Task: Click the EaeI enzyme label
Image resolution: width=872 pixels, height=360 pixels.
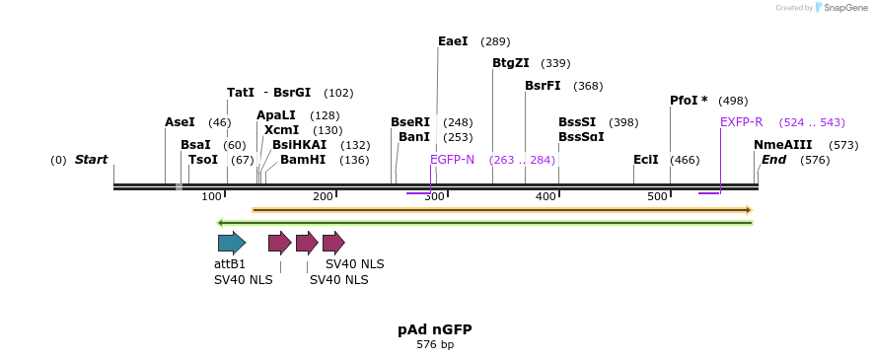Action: (x=453, y=41)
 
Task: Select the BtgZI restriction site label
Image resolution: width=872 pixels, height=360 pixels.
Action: (x=510, y=63)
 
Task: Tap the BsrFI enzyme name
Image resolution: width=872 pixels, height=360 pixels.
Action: (x=543, y=86)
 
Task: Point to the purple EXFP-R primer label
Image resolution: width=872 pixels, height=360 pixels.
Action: (x=741, y=122)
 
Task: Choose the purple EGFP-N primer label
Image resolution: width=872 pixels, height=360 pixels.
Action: (x=452, y=160)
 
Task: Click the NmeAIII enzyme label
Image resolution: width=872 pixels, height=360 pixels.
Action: (x=782, y=145)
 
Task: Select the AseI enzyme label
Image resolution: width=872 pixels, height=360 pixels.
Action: (x=180, y=122)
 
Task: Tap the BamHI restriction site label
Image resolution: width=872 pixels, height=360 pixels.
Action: (x=302, y=160)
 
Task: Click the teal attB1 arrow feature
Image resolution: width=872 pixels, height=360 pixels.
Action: (x=232, y=243)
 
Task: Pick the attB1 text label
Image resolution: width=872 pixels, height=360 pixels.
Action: (x=230, y=264)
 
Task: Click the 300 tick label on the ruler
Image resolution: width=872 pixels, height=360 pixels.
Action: (x=435, y=197)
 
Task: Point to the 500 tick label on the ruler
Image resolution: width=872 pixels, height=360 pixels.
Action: (x=658, y=197)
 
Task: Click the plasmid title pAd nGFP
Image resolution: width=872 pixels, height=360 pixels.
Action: (x=435, y=329)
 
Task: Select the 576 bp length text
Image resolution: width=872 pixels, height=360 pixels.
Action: (x=435, y=345)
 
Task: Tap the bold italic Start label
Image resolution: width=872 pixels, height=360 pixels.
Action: (x=91, y=160)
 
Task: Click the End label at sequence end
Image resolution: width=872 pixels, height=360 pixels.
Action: (x=773, y=160)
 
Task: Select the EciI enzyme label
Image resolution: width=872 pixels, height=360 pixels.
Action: (x=646, y=160)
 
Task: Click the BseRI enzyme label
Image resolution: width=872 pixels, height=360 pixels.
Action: (x=410, y=122)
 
